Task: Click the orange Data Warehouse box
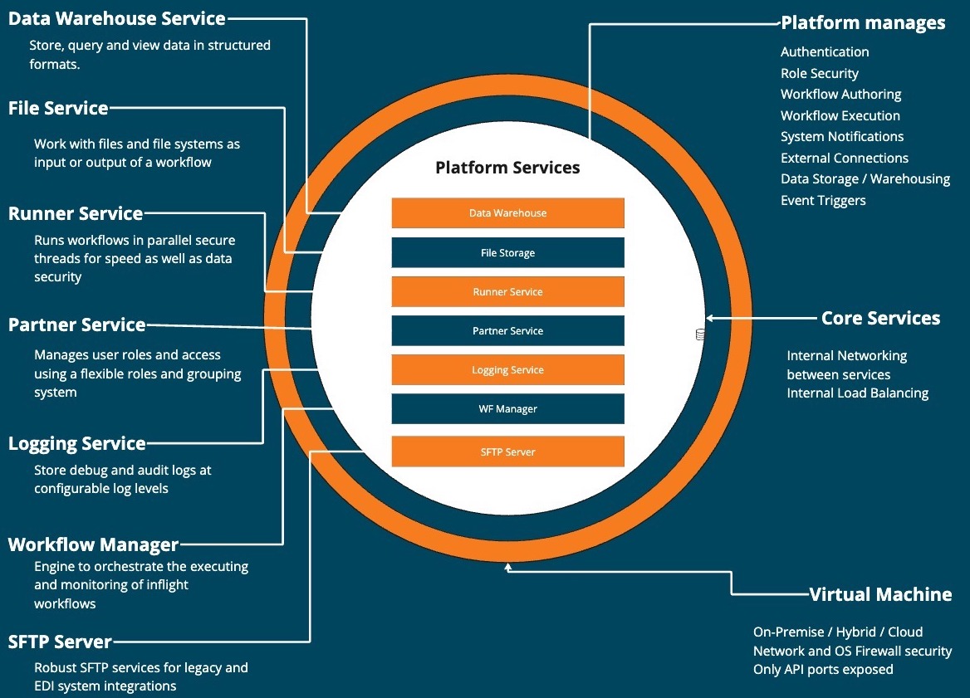507,213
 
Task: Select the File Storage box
507,253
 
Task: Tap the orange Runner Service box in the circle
507,292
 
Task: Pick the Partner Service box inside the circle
507,331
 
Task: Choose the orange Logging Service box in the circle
507,370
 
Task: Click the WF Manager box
507,409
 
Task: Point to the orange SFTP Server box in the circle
507,452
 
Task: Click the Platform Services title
507,168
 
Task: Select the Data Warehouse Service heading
117,18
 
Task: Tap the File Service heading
58,108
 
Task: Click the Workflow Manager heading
93,545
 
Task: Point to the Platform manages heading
863,22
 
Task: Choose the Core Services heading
880,318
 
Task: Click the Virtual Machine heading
880,594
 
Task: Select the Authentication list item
825,51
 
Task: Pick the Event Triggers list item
823,200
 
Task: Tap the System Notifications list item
842,136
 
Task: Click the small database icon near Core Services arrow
700,334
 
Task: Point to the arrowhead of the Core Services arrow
709,318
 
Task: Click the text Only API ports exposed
823,669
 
